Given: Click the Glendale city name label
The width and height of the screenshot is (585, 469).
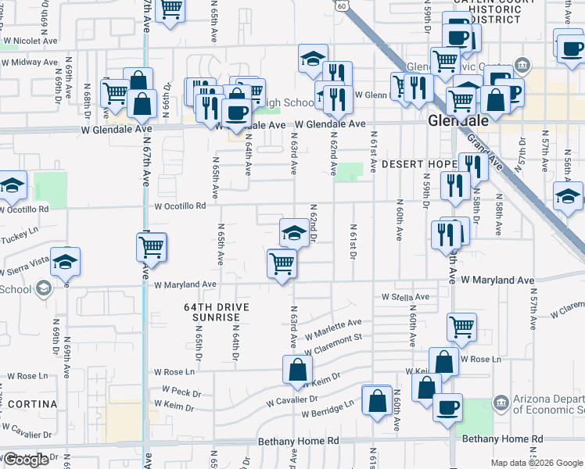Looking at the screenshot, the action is coord(458,121).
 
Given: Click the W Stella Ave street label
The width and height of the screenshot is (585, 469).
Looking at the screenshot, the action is coord(405,297).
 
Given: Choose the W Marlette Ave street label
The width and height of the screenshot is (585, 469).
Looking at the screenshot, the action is coord(333,328).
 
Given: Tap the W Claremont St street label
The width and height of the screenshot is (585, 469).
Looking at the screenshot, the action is coord(335,340).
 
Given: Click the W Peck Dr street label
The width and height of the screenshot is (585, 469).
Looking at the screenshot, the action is coord(181,388).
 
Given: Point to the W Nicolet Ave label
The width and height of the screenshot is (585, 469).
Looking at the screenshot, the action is coord(31,39).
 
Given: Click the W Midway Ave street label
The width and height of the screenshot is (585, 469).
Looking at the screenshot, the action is coord(31,62).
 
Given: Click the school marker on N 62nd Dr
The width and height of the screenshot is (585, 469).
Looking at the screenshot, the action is coord(294,232).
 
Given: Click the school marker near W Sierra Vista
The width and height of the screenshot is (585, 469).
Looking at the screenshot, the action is coord(66,262).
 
